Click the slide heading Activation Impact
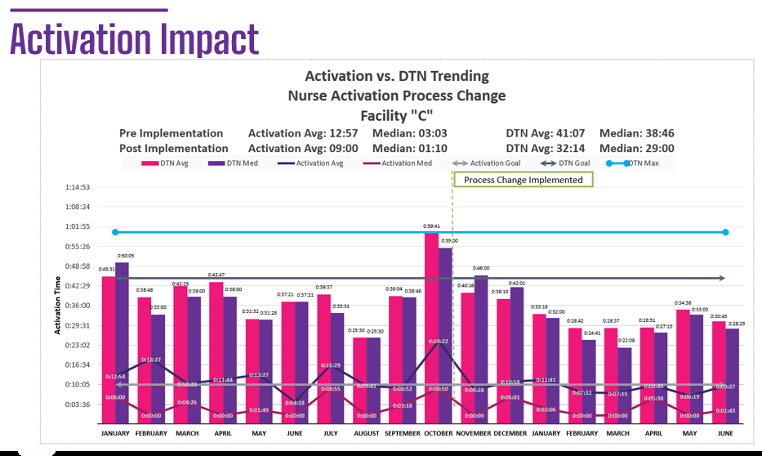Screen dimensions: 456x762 (134, 38)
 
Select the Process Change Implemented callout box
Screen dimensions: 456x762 (523, 180)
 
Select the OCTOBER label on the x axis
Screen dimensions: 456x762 (439, 433)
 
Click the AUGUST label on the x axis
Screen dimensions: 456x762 (366, 433)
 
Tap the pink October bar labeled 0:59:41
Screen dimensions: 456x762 (432, 327)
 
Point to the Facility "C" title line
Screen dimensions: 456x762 (396, 114)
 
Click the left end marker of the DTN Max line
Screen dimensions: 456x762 (115, 232)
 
